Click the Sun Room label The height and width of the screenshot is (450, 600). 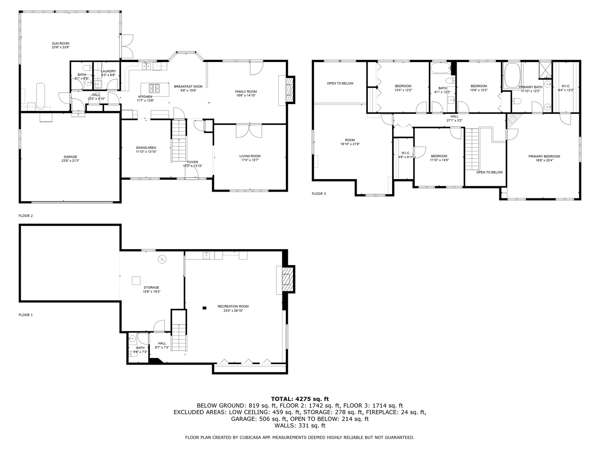tap(60, 45)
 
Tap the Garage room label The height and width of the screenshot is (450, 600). tap(70, 159)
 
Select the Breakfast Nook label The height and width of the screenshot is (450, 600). tap(188, 88)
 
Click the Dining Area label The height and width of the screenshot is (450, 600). tap(146, 150)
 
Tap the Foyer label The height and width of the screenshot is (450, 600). tap(192, 164)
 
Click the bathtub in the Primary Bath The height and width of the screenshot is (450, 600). tap(512, 75)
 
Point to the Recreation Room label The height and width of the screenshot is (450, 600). tap(233, 308)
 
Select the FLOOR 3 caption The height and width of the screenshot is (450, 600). tap(319, 194)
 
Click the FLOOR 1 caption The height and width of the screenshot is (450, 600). tap(25, 315)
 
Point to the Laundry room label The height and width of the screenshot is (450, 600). tap(108, 73)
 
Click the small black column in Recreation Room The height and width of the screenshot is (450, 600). tap(204, 308)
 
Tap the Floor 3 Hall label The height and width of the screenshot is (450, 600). tap(454, 118)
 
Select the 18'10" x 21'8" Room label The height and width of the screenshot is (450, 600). tap(350, 142)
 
